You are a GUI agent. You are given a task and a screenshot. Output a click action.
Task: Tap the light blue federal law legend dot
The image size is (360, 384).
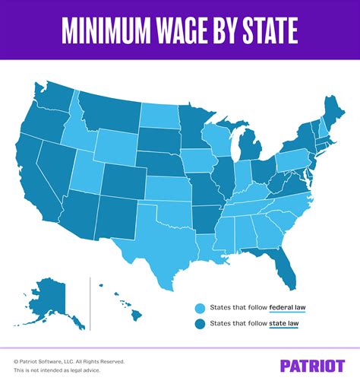(200, 308)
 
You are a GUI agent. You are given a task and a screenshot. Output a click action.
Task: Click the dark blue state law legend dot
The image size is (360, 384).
(200, 325)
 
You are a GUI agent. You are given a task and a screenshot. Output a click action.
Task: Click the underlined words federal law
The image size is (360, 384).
(287, 308)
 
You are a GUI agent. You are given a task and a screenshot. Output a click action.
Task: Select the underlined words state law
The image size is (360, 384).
(284, 325)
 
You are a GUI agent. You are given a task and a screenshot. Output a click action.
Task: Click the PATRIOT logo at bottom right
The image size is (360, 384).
(312, 365)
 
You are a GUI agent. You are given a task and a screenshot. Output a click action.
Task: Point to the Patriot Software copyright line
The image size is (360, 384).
(69, 361)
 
